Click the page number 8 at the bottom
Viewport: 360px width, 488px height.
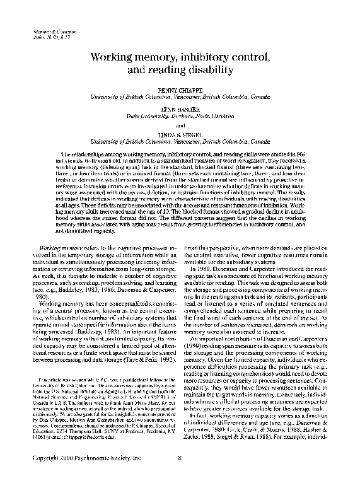click(180, 475)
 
